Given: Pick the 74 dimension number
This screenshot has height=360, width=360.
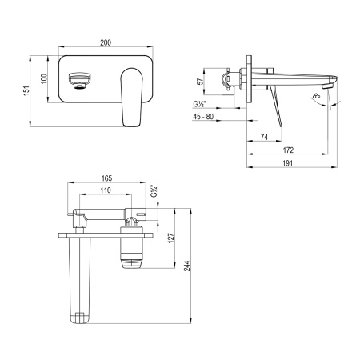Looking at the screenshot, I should coord(264,138).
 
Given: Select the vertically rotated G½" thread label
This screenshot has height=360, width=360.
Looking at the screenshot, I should coord(154,193).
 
